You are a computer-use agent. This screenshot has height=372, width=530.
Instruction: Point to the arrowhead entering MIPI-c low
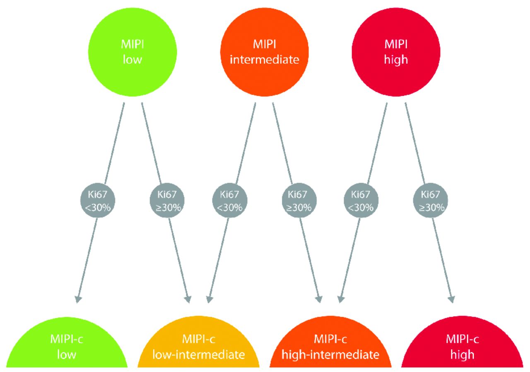(77, 299)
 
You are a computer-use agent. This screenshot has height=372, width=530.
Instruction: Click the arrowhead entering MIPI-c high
(451, 299)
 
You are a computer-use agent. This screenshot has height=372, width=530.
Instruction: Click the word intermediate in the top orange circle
(265, 60)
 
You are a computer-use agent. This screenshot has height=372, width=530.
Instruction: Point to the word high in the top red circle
(396, 60)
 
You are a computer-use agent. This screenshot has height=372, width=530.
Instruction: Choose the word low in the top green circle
(133, 60)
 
